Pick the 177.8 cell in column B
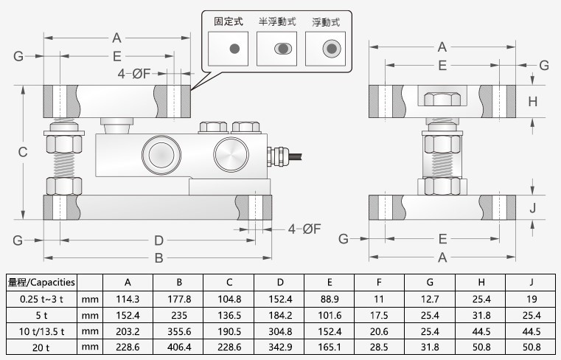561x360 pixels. pos(179,299)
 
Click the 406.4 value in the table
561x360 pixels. pos(179,347)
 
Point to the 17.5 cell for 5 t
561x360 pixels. pos(379,315)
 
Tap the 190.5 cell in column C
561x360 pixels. pos(229,331)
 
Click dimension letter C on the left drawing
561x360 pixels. pos(23,152)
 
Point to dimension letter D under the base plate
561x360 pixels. pos(158,240)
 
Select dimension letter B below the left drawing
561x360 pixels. pos(158,258)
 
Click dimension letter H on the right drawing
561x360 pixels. pos(533,101)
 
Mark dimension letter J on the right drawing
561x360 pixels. pos(533,207)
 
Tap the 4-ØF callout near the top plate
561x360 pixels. pos(136,73)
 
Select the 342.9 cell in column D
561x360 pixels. pos(280,347)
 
